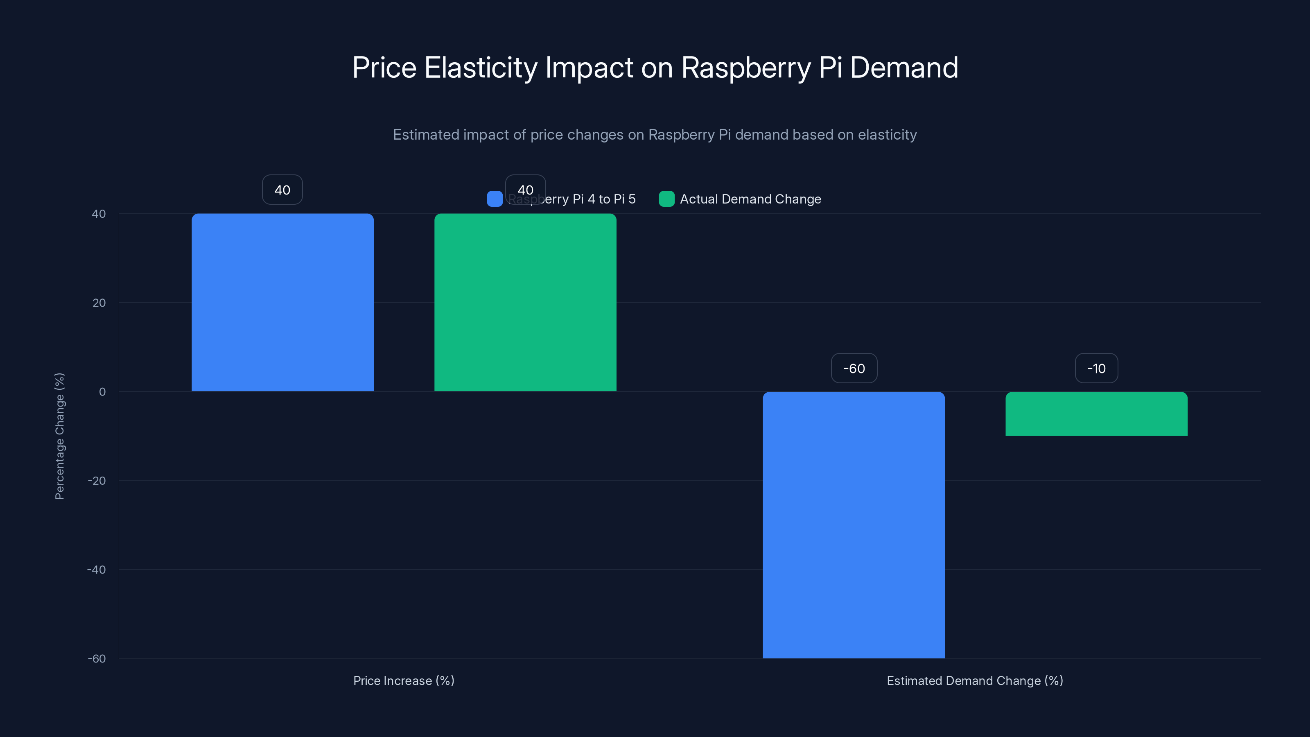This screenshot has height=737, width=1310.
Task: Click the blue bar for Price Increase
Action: [x=282, y=302]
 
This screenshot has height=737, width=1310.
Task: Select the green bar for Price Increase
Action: [x=525, y=302]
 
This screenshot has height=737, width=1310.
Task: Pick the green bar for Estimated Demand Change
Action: [x=1096, y=414]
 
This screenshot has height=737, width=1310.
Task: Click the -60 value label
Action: [x=854, y=368]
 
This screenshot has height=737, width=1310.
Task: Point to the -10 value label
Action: [x=1096, y=368]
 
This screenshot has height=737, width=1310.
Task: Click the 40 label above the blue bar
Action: [x=282, y=190]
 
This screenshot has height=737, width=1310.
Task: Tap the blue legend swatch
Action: [x=494, y=199]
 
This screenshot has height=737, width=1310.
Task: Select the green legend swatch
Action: [x=666, y=199]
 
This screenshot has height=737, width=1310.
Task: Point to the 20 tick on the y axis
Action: [x=99, y=303]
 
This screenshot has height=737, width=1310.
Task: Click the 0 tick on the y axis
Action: [x=102, y=392]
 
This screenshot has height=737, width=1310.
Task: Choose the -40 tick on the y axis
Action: [x=96, y=570]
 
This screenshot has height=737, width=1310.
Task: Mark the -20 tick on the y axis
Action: [x=96, y=481]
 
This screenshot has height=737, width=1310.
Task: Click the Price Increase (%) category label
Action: [x=404, y=680]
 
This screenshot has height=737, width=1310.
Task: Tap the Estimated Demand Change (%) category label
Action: [x=975, y=680]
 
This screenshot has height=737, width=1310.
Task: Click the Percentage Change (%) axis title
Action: [x=59, y=436]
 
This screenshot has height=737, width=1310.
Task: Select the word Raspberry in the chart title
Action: [x=745, y=68]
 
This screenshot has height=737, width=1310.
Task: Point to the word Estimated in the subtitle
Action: [x=426, y=135]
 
